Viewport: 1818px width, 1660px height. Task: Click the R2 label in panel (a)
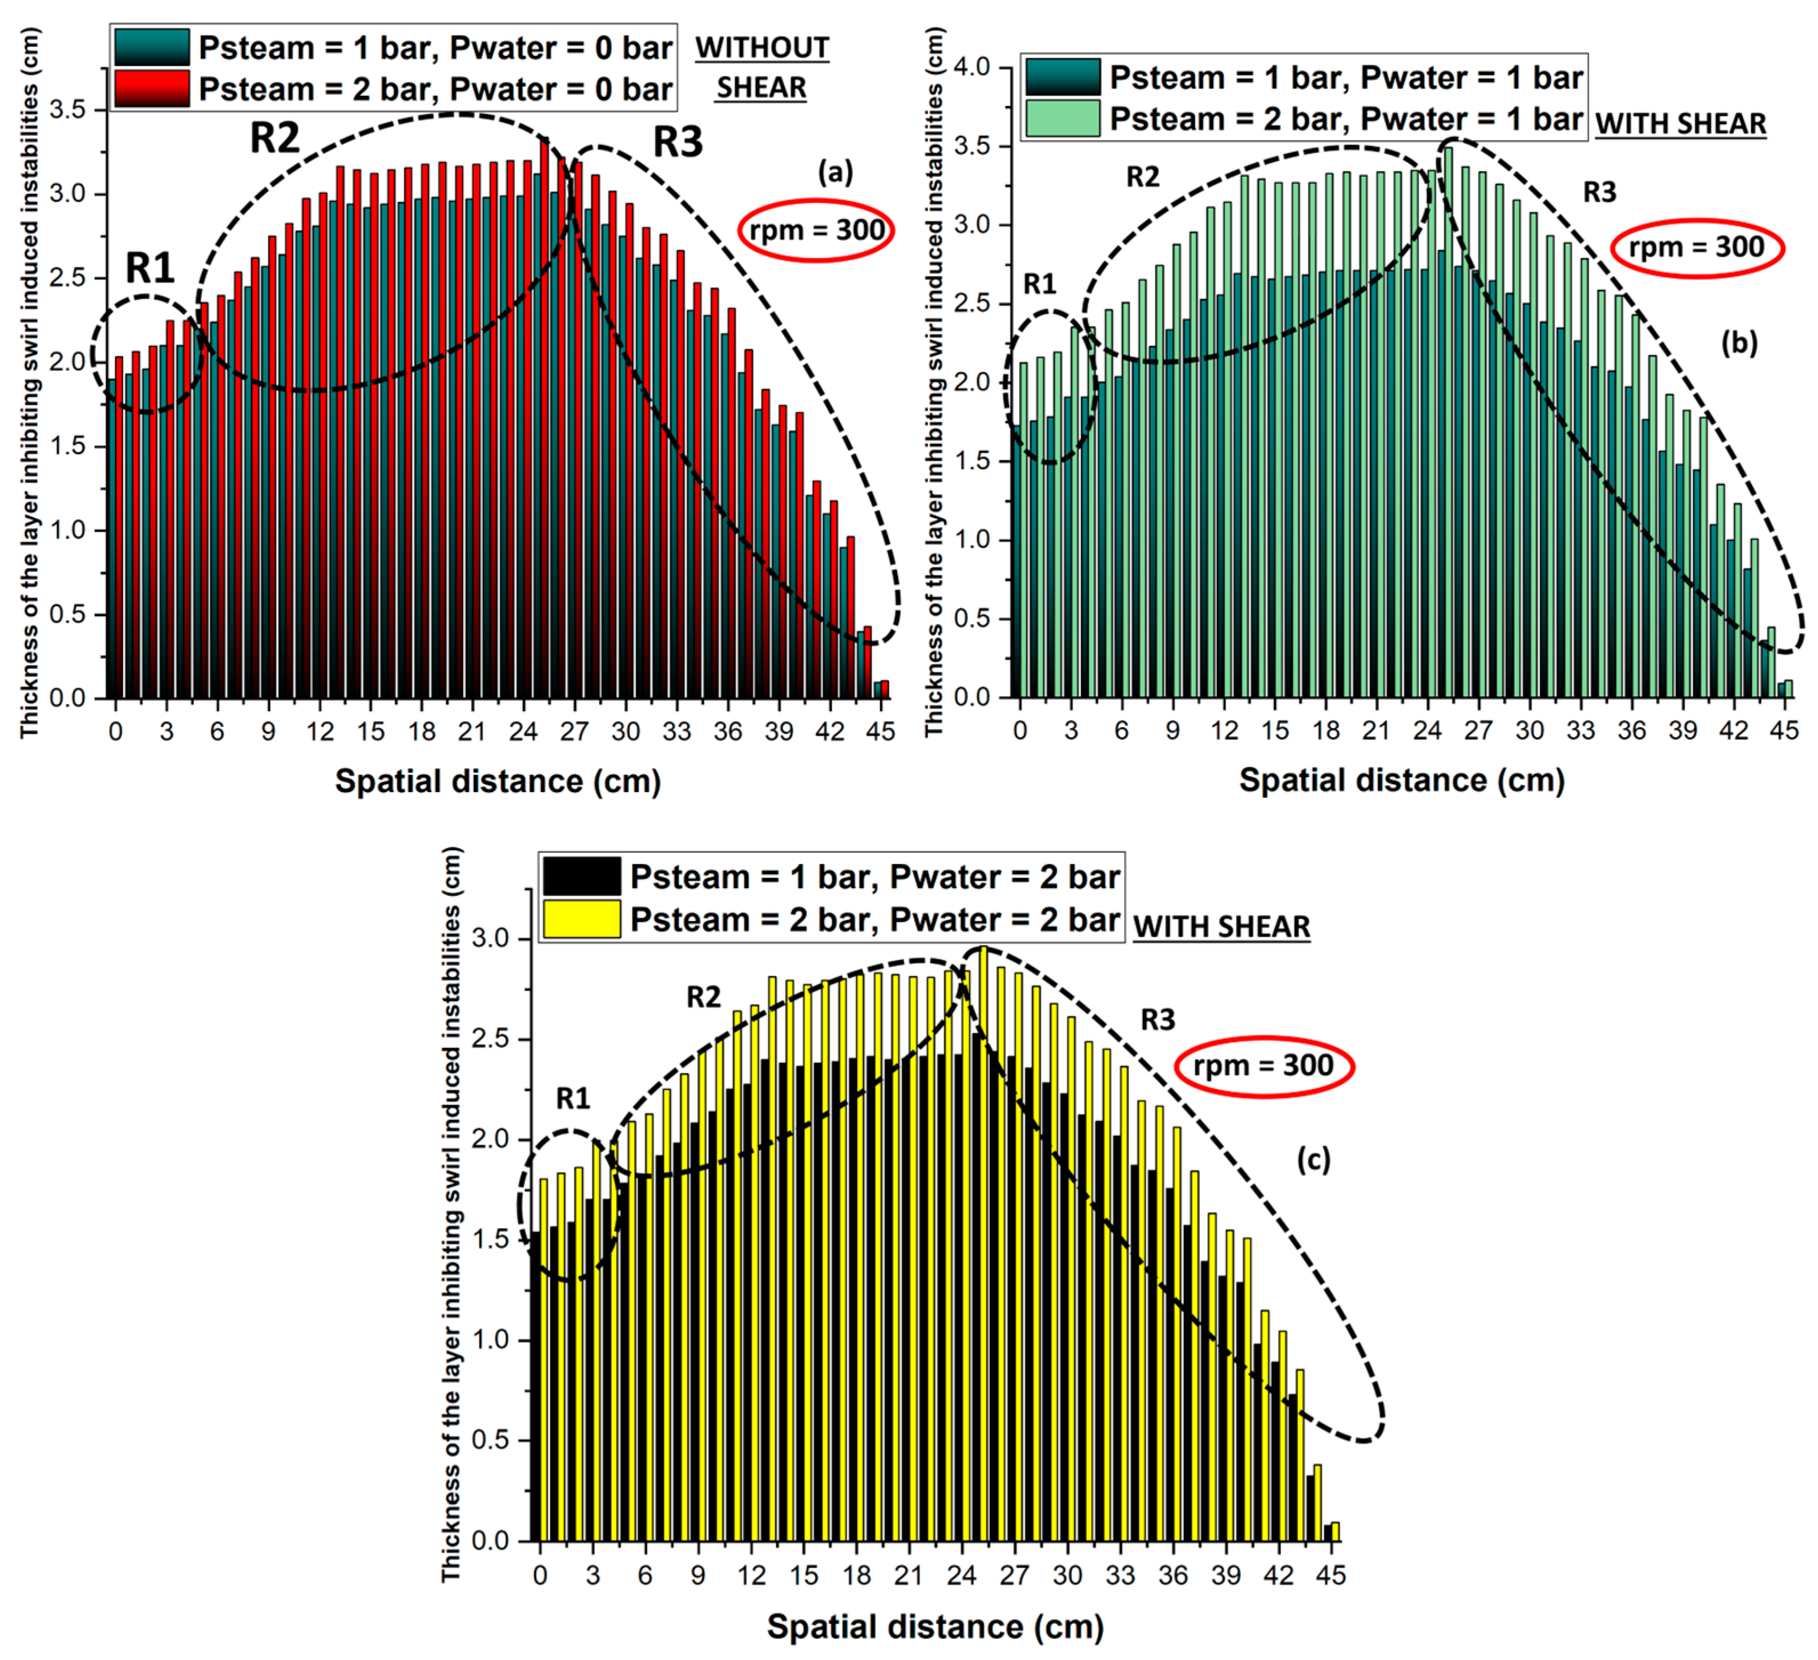(x=274, y=138)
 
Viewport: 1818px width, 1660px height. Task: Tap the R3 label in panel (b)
(x=1600, y=192)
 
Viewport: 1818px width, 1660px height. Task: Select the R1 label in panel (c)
(x=573, y=1098)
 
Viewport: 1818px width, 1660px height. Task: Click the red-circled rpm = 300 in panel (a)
(x=816, y=230)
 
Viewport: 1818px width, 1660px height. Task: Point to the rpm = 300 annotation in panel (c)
(x=1263, y=1066)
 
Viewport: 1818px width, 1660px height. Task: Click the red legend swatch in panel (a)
(x=151, y=89)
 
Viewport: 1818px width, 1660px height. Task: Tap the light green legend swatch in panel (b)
(x=1062, y=118)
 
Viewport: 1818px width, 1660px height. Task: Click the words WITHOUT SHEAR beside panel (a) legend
(x=762, y=68)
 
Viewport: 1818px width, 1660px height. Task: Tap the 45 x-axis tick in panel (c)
(x=1331, y=1575)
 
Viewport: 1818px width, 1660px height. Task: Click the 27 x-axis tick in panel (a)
(x=574, y=731)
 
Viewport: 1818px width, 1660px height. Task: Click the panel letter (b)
(x=1739, y=342)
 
